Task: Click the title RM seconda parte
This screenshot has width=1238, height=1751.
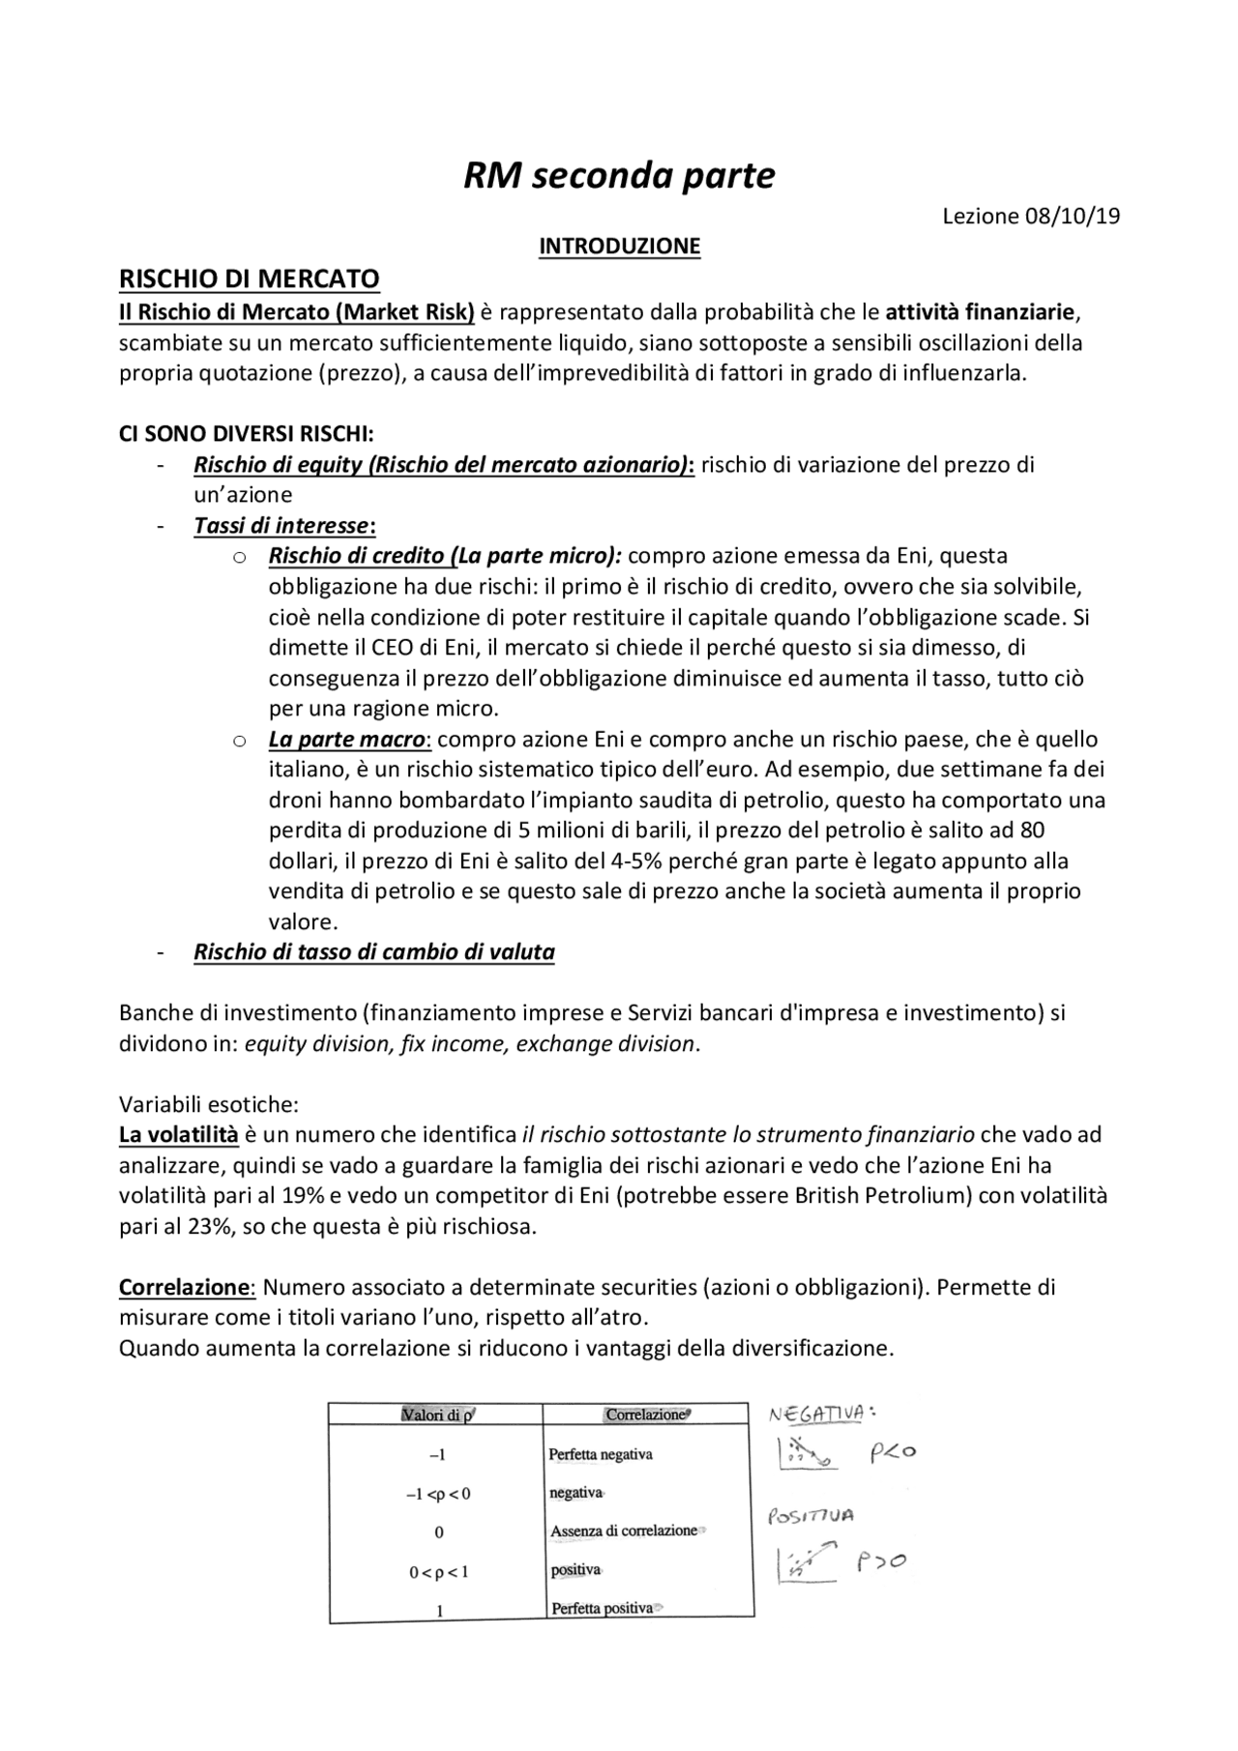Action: (619, 176)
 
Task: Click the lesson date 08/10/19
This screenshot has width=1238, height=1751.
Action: (1072, 216)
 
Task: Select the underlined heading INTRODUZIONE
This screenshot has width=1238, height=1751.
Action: (619, 247)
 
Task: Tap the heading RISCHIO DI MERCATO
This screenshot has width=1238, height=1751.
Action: (249, 279)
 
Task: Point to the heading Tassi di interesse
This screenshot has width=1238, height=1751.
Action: (283, 526)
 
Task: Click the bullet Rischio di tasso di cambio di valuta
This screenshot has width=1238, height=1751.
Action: (374, 952)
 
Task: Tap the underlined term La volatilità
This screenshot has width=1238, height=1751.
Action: (178, 1134)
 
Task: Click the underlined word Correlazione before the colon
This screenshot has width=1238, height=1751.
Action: (184, 1288)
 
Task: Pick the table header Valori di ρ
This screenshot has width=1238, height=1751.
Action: (437, 1415)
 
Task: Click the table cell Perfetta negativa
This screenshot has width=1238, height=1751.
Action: (600, 1454)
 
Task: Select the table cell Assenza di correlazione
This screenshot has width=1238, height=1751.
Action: (624, 1532)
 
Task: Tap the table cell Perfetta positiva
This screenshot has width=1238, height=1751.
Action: (602, 1609)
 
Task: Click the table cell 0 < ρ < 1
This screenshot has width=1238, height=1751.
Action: (438, 1572)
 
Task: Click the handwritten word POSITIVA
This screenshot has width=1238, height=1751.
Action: (811, 1517)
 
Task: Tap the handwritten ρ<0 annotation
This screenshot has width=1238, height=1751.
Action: (892, 1452)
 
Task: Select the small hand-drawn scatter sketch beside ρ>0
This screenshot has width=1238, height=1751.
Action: (807, 1563)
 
